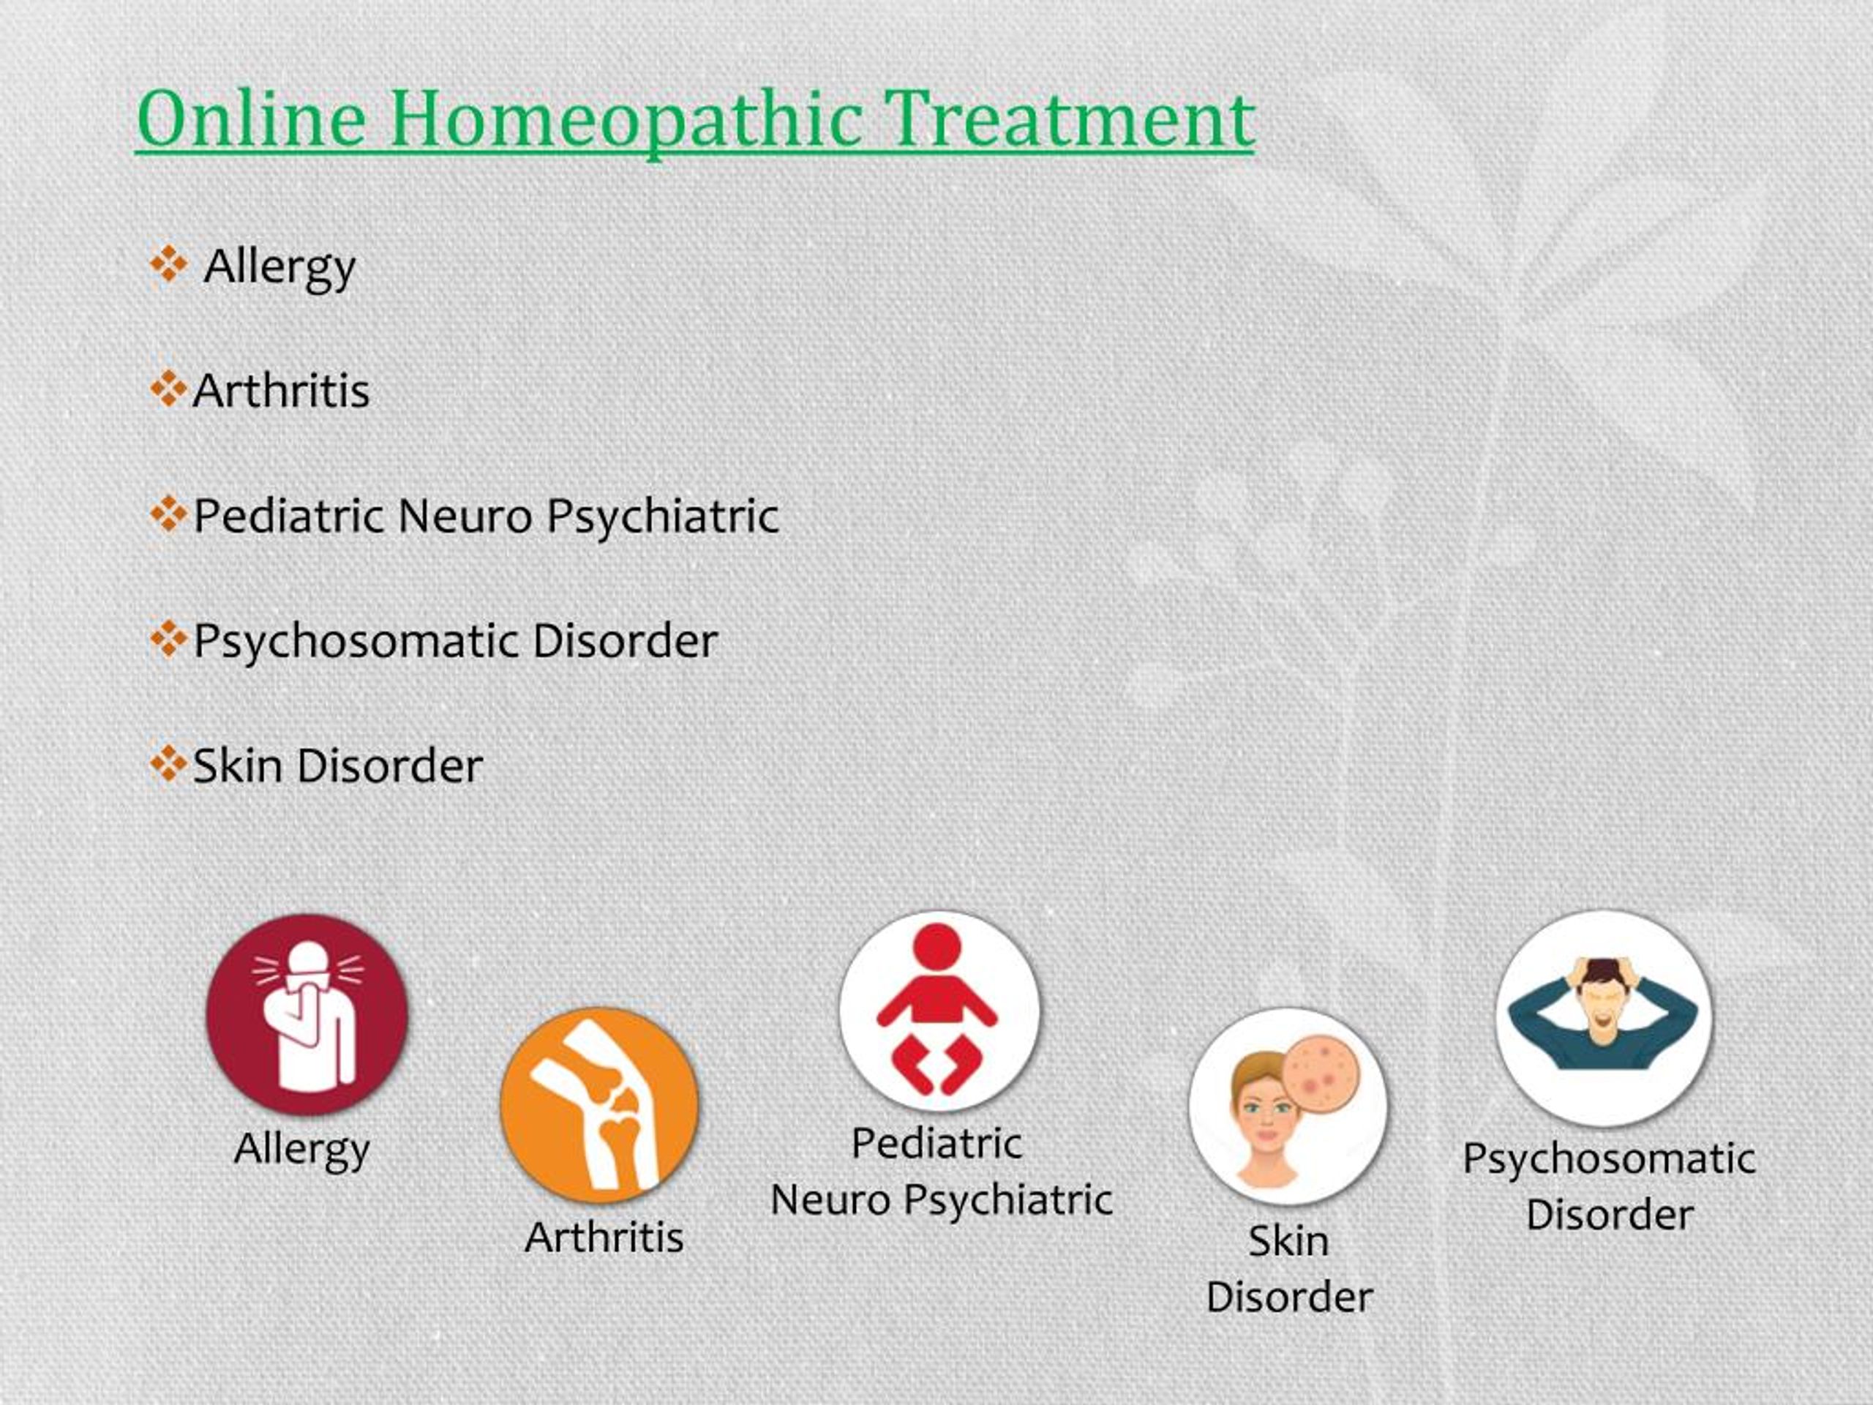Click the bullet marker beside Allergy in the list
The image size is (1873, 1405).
[168, 265]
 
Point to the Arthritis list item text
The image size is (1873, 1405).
[281, 391]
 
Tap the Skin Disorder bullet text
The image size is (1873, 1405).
[338, 765]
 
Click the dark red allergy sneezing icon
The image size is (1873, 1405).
[307, 1014]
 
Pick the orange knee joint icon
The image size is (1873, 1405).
[599, 1104]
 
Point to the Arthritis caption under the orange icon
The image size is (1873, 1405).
[604, 1238]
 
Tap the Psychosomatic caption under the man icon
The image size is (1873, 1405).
[1609, 1159]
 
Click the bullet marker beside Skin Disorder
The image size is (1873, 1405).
[168, 765]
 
